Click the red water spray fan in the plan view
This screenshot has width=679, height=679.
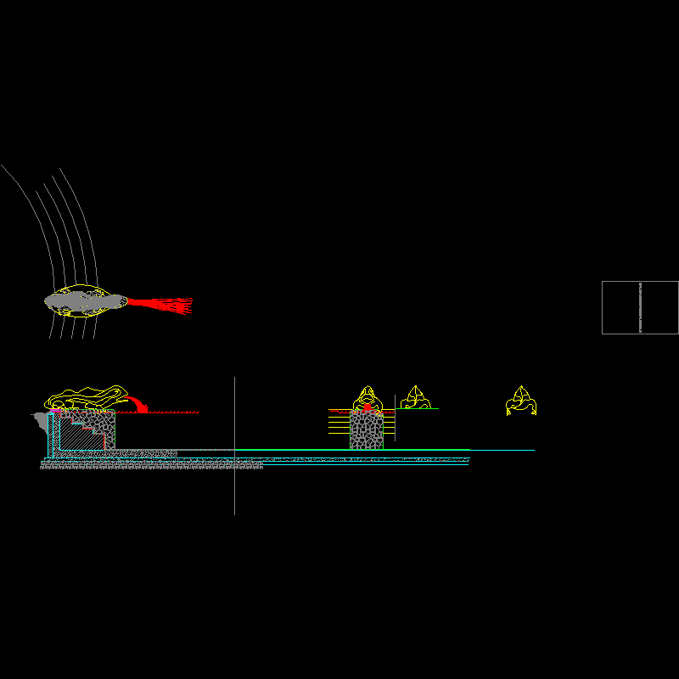[x=166, y=304]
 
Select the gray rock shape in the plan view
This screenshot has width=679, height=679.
[x=85, y=300]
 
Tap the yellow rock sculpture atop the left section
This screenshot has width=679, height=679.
[x=85, y=397]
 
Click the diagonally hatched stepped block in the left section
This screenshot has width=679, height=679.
[x=82, y=435]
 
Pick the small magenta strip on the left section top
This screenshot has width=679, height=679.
[x=57, y=411]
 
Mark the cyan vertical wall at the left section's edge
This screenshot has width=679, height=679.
[x=50, y=435]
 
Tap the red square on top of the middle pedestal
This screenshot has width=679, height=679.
[x=367, y=408]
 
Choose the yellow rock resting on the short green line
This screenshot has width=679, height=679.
[x=416, y=398]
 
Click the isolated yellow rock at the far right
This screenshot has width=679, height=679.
[x=520, y=400]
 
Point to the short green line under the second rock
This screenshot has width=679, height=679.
[x=419, y=409]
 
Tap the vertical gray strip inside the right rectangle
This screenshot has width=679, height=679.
[x=640, y=307]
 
